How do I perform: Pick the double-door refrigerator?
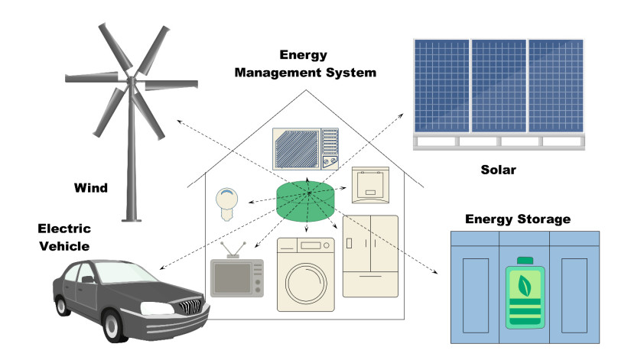(x=370, y=256)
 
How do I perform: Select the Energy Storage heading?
(x=519, y=219)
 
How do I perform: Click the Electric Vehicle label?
(x=65, y=237)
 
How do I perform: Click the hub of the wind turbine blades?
(x=131, y=79)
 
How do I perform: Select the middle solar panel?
(x=499, y=85)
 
